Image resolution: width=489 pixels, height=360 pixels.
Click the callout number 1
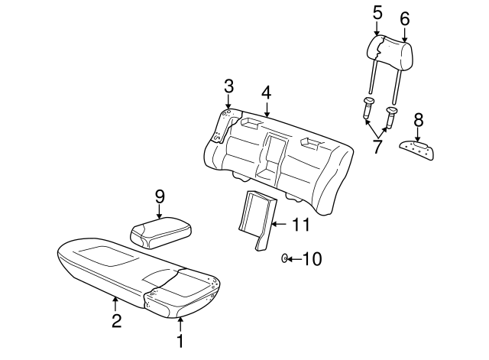[180, 342]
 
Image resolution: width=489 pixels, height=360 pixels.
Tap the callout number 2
[116, 321]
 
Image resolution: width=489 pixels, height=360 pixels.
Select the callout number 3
[228, 85]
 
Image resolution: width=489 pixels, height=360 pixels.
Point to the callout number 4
[266, 92]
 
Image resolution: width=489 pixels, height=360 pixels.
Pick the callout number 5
[377, 12]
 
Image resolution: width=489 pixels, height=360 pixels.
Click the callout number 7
[377, 146]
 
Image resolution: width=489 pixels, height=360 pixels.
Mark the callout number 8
[418, 119]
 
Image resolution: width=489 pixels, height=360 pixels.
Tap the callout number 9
[159, 196]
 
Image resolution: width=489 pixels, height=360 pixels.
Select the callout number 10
[313, 259]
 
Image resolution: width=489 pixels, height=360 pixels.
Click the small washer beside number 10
[284, 259]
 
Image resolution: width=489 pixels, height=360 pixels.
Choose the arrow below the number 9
[159, 213]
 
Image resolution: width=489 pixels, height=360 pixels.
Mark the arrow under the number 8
[418, 135]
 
